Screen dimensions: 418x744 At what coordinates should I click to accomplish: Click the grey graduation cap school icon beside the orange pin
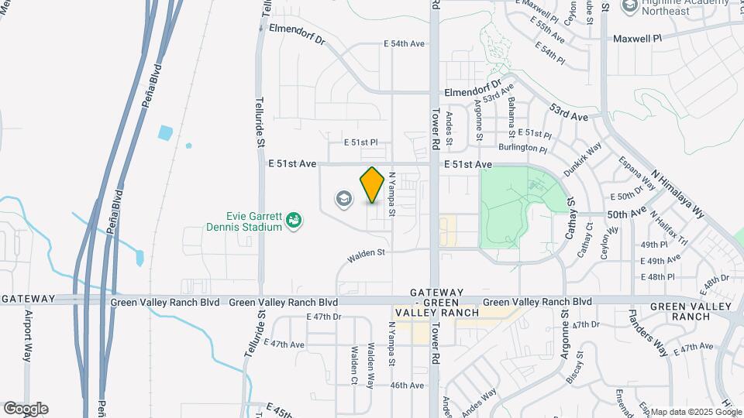[343, 200]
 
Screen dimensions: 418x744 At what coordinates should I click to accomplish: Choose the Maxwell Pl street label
[638, 38]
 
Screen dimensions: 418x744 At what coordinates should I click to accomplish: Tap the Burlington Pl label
[522, 148]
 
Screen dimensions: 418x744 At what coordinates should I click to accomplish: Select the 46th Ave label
[407, 385]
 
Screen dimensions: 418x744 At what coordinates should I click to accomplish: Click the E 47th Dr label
[324, 317]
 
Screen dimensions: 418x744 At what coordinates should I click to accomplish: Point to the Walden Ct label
[353, 364]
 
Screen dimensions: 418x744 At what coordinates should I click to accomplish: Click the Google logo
[26, 409]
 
